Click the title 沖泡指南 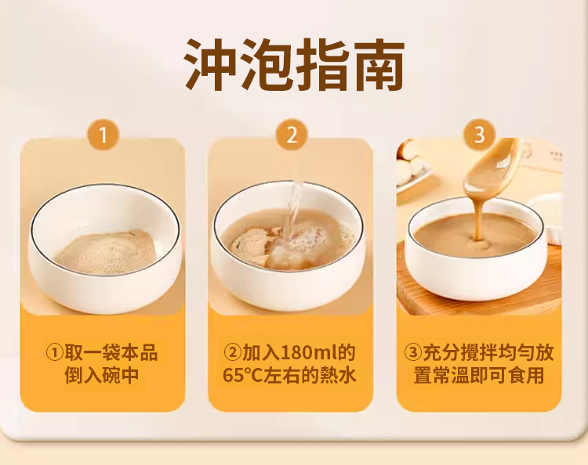coord(294,64)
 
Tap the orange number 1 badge coord(103,135)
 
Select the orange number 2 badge coord(292,135)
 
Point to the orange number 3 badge coord(480,135)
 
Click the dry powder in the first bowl coord(105,251)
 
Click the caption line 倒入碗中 coord(102,376)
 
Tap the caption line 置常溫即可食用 coord(479,376)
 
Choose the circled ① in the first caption coord(54,353)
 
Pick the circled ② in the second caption coord(233,353)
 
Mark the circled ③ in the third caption coord(413,353)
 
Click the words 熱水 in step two coord(338,376)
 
